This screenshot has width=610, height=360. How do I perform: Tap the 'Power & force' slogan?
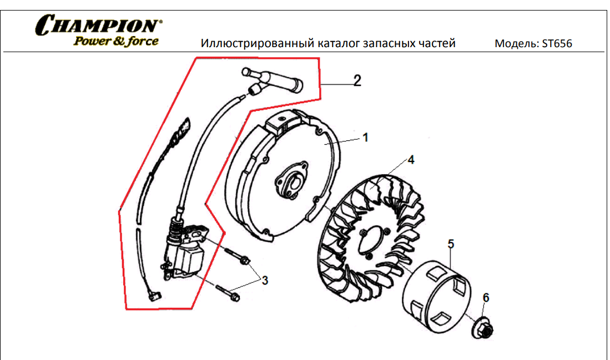tap(116, 41)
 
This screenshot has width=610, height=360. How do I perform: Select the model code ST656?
tap(557, 43)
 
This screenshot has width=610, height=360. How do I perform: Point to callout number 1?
tap(365, 138)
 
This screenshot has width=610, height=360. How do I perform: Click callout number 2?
tap(357, 80)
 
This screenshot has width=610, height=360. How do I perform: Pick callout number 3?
tap(265, 280)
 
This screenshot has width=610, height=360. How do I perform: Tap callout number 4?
tap(411, 160)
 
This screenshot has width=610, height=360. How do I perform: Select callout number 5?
tap(451, 244)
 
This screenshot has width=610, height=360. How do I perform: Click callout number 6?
tap(486, 297)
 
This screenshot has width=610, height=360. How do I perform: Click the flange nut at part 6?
tap(482, 328)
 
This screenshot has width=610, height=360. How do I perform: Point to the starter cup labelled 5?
tap(436, 297)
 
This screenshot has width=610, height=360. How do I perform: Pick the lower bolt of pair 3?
tap(228, 293)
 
